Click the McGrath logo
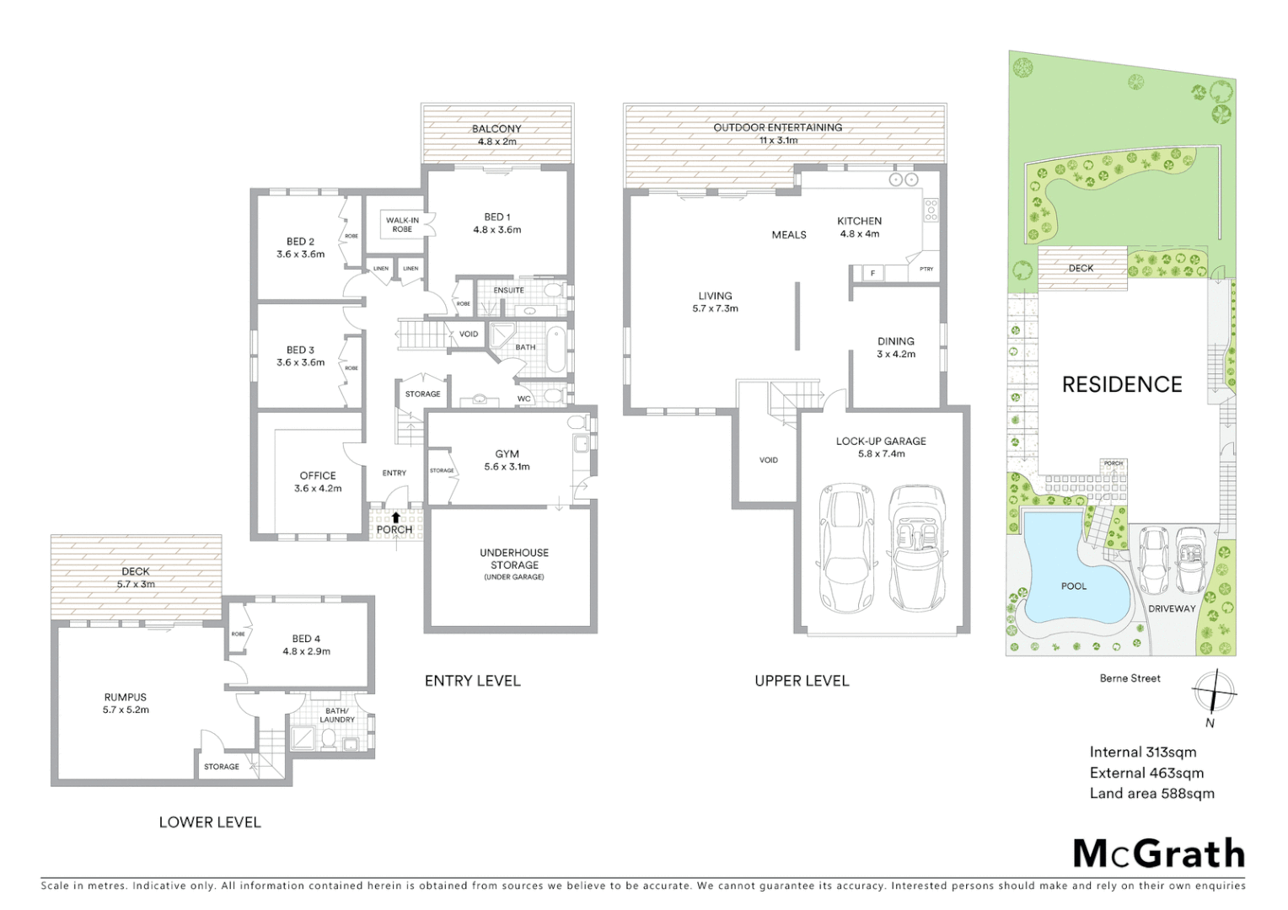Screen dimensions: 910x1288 click(x=1159, y=854)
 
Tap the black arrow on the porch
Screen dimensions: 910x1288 click(x=395, y=517)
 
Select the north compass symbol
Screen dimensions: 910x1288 click(x=1212, y=693)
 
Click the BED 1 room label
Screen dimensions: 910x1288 click(x=496, y=223)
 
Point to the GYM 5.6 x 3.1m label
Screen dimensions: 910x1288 click(x=507, y=460)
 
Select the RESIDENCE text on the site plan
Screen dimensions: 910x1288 click(x=1121, y=385)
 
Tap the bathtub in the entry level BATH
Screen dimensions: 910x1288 click(x=556, y=350)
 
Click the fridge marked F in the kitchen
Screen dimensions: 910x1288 click(x=872, y=273)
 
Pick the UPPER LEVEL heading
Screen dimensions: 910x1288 click(x=801, y=681)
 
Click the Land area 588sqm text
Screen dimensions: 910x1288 click(x=1151, y=793)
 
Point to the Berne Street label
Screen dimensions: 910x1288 click(x=1130, y=678)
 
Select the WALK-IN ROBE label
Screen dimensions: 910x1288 click(x=402, y=225)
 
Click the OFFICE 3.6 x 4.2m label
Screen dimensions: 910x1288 click(x=318, y=482)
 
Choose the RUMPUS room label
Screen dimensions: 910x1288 click(x=126, y=704)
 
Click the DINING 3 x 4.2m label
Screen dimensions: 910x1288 click(x=895, y=347)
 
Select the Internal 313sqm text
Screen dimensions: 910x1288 click(x=1142, y=752)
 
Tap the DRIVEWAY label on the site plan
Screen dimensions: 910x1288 click(x=1172, y=608)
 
